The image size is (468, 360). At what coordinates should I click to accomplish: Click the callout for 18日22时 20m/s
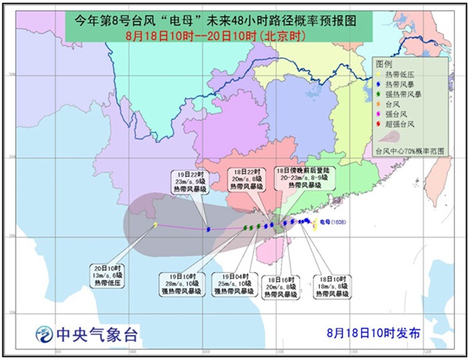click(x=249, y=180)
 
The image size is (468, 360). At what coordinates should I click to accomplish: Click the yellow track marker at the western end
click(x=156, y=225)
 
